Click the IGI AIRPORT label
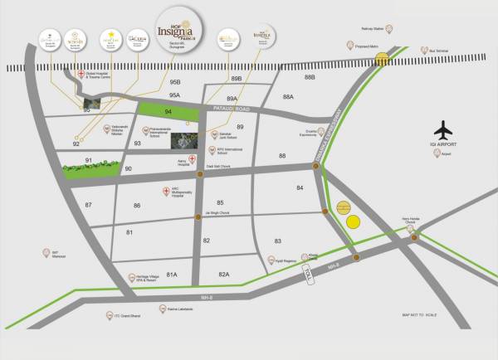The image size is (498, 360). tap(446, 147)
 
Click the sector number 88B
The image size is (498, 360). tap(310, 78)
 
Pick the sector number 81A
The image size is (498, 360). tap(172, 274)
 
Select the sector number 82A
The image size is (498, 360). tap(222, 274)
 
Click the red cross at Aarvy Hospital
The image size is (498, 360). tap(192, 159)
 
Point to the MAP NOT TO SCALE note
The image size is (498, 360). tap(420, 315)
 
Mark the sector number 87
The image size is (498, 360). tap(88, 204)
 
